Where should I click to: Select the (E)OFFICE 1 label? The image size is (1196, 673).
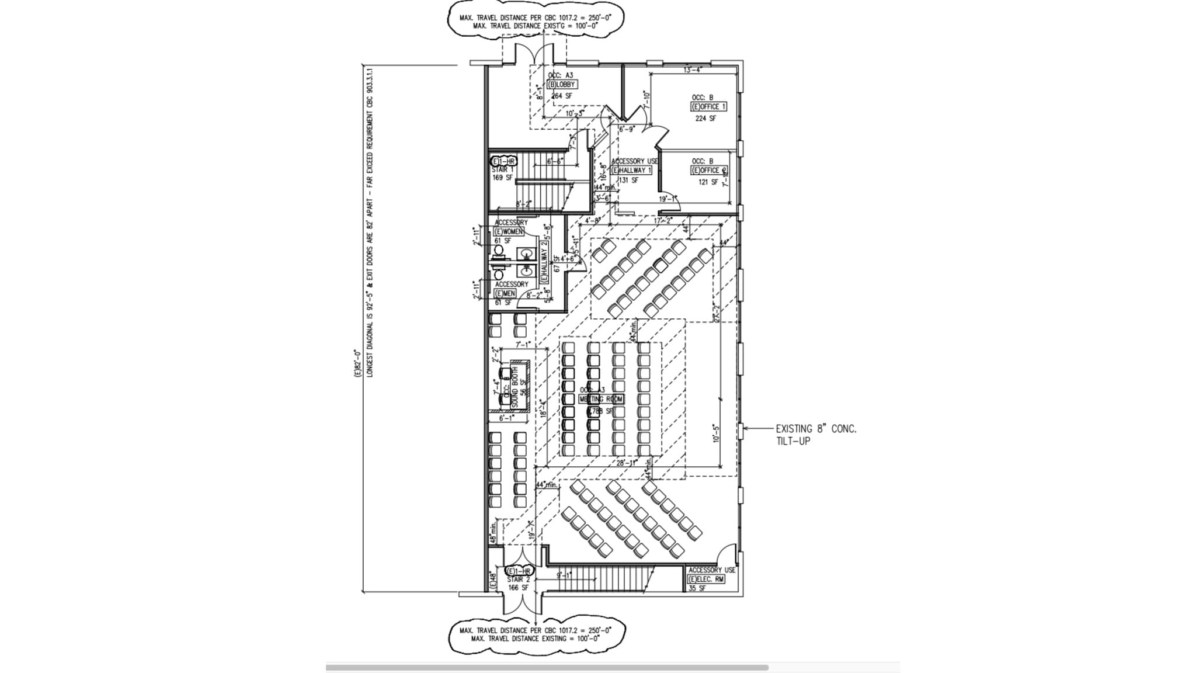tap(708, 107)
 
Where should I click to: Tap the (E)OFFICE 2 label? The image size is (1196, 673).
tap(709, 171)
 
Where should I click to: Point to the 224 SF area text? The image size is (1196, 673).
tap(705, 119)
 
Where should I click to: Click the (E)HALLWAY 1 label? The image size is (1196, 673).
tap(631, 171)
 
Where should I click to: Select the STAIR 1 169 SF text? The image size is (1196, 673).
tap(502, 174)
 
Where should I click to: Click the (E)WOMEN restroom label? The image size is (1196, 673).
tap(509, 232)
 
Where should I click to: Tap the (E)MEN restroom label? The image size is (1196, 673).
tap(506, 293)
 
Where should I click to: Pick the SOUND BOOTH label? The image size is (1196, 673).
tap(515, 387)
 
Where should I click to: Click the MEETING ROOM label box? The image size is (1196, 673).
tap(601, 400)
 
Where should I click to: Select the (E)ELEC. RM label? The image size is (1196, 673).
tap(707, 580)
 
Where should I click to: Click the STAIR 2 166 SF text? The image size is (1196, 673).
tap(517, 584)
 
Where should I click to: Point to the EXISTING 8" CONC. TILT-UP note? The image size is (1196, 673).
tap(816, 435)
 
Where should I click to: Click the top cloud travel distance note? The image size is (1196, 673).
tap(535, 22)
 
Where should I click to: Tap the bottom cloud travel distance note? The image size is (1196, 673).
tap(535, 634)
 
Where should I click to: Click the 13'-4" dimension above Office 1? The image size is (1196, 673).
tap(693, 70)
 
